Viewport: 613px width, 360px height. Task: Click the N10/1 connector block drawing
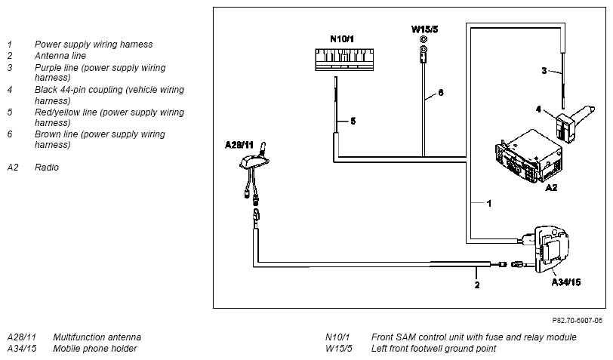[x=344, y=60]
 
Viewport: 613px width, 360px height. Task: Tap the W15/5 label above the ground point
[x=424, y=29]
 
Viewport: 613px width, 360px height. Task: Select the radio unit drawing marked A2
[x=528, y=156]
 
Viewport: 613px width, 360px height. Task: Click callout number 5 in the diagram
[x=353, y=122]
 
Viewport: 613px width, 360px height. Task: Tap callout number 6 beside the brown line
[x=441, y=93]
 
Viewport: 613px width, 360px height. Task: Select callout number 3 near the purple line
[x=544, y=71]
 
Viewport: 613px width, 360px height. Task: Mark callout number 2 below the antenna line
[x=477, y=285]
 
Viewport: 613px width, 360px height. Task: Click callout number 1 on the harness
[x=488, y=203]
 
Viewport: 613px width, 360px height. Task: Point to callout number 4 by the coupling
[x=538, y=109]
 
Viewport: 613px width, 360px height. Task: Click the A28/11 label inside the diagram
[x=239, y=145]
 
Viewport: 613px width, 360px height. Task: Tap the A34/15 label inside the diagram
[x=566, y=282]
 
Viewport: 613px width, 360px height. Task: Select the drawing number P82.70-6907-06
[x=577, y=321]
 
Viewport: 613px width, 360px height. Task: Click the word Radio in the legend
[x=47, y=168]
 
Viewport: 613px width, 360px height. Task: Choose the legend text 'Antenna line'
[x=60, y=56]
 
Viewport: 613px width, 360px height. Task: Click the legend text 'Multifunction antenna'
[x=97, y=337]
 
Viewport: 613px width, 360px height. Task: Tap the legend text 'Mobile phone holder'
[x=95, y=348]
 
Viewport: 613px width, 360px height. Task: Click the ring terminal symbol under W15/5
[x=423, y=51]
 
